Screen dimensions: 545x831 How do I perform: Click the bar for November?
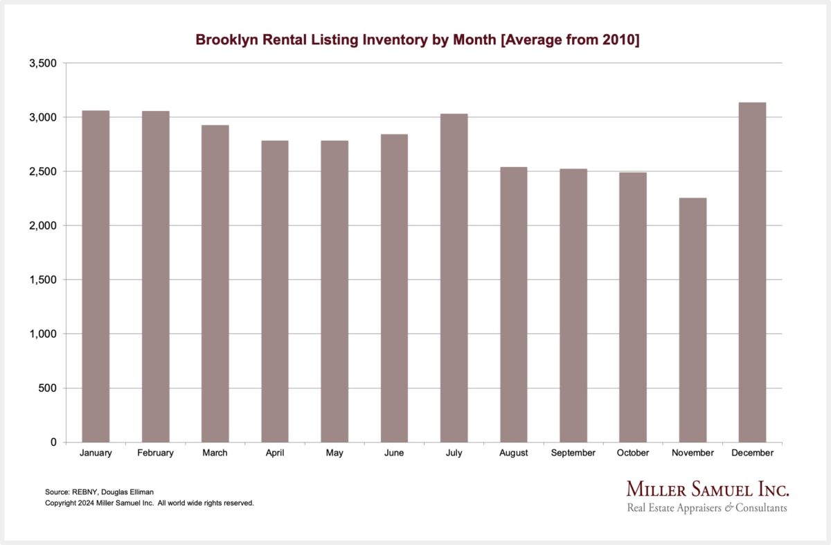692,320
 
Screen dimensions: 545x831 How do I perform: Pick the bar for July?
454,277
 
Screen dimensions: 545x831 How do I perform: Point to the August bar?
513,304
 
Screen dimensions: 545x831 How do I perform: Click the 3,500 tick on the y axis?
44,63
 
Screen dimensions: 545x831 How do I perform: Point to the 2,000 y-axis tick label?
44,225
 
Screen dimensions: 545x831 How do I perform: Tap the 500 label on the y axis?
48,388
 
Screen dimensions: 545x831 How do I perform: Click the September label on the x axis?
573,453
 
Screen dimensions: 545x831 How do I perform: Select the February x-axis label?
155,453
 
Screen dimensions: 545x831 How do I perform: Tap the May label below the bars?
334,453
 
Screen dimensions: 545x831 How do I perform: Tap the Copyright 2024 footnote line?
150,503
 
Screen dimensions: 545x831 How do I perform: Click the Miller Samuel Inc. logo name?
707,489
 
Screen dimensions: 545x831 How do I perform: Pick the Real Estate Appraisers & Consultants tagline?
707,508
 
